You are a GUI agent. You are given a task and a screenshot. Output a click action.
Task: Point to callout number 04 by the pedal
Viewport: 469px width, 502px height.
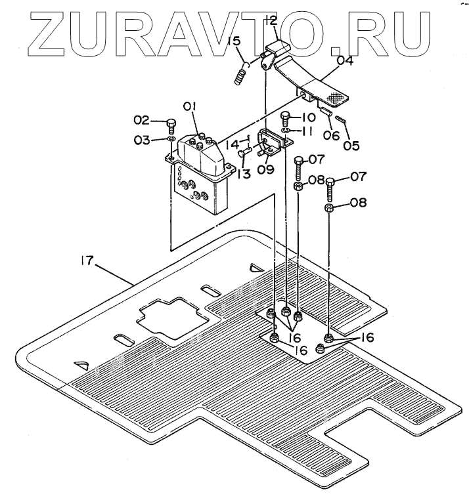[345, 63]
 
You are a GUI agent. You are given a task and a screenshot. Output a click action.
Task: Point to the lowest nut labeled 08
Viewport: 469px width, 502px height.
[330, 209]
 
